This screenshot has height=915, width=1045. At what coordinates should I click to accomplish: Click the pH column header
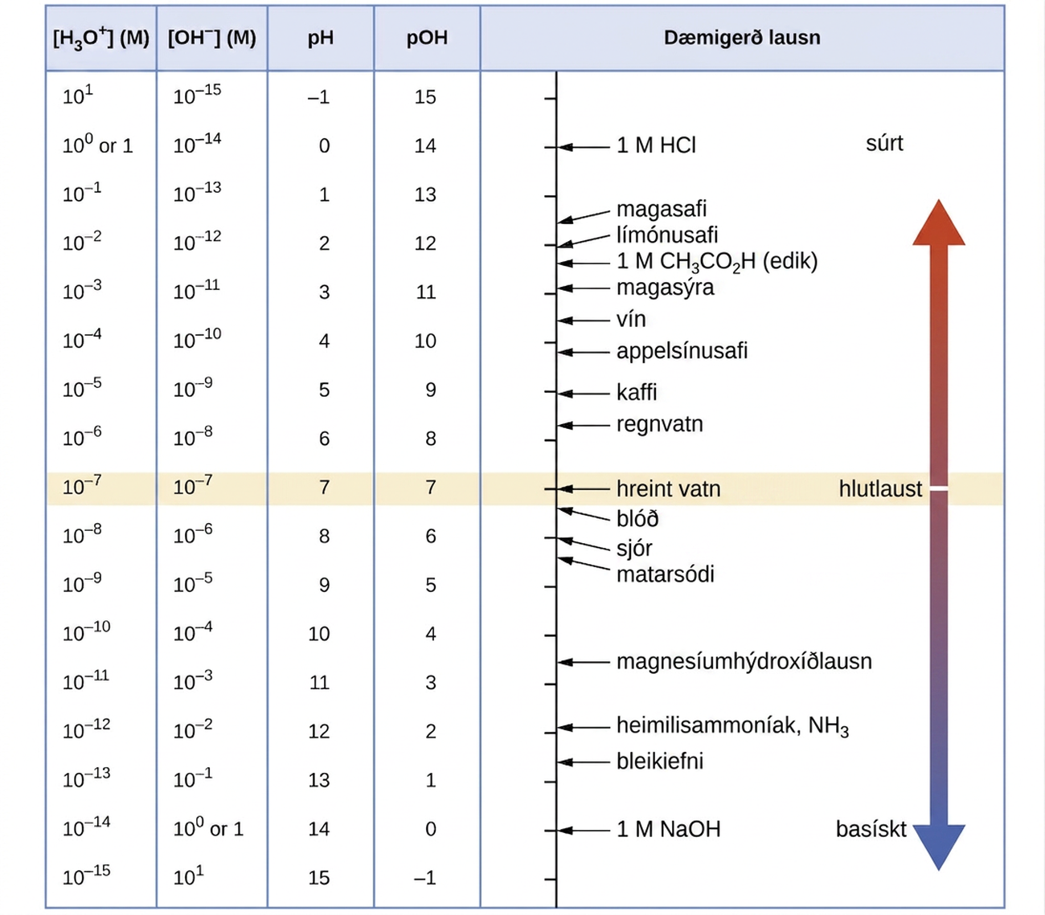(x=320, y=39)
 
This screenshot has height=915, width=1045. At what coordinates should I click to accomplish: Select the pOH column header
(x=427, y=39)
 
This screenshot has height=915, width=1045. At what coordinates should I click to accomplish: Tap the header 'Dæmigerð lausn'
(x=742, y=38)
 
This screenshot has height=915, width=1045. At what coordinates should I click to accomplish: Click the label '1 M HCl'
(x=656, y=145)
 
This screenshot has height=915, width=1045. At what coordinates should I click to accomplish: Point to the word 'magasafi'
(x=662, y=209)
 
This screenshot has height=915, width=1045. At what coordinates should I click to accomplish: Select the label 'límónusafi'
(x=667, y=235)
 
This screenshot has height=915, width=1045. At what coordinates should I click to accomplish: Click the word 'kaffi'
(x=637, y=392)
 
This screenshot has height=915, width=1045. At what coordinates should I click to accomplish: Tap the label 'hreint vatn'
(x=669, y=488)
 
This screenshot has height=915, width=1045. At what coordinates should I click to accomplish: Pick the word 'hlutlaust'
(x=880, y=488)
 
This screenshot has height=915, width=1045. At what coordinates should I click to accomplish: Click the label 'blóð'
(x=637, y=518)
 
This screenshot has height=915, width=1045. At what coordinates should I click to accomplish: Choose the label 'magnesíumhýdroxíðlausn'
(x=744, y=661)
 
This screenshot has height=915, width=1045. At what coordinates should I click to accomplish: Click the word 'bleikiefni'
(x=660, y=761)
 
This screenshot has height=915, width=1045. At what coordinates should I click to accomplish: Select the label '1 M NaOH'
(x=669, y=829)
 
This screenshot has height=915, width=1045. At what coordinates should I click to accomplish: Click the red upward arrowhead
(x=939, y=224)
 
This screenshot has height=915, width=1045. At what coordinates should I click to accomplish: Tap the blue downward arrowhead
(x=939, y=847)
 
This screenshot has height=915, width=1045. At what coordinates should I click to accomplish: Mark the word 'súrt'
(x=884, y=143)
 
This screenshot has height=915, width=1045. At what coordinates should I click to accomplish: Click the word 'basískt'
(x=871, y=829)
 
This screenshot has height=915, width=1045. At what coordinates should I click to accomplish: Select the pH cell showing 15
(x=319, y=877)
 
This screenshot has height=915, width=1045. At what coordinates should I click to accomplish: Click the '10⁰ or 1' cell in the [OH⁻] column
(x=208, y=828)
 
